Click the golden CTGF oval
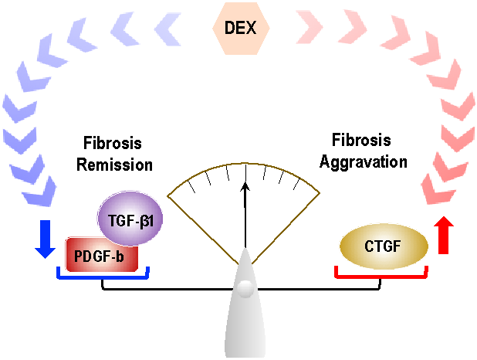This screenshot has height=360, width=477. click(x=384, y=246)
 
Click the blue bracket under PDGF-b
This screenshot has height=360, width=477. click(x=103, y=274)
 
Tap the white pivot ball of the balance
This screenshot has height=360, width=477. click(x=245, y=289)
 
